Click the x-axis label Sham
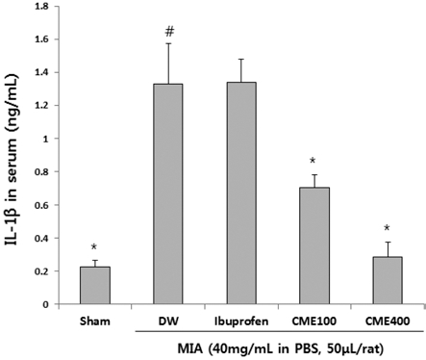coord(94,318)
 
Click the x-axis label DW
coord(168,318)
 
